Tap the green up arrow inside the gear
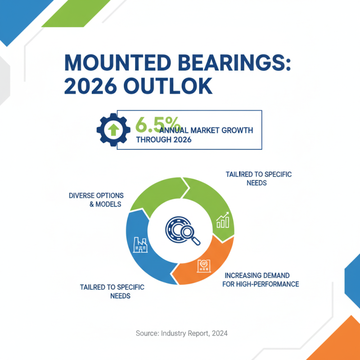click(114, 130)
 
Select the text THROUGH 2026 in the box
click(163, 140)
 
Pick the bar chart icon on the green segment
click(223, 220)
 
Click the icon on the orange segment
click(203, 267)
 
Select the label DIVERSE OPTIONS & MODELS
click(96, 200)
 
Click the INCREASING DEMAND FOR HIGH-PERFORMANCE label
click(261, 279)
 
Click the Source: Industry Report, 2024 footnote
click(181, 333)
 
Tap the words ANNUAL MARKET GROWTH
click(213, 130)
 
